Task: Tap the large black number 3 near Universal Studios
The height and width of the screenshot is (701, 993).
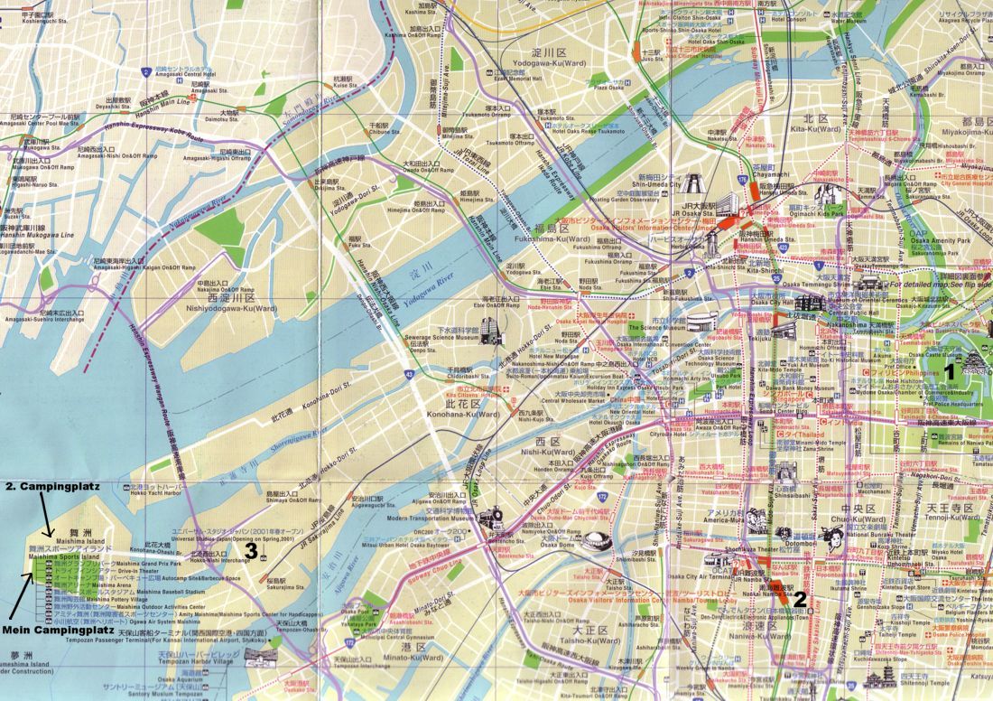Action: (x=252, y=547)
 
